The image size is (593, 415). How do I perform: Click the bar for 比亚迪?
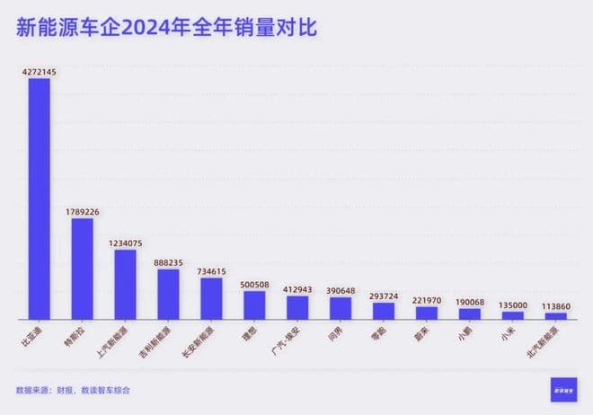[x=39, y=199]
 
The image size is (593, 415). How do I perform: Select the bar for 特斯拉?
[x=82, y=269]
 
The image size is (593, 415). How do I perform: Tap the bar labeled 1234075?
[x=125, y=284]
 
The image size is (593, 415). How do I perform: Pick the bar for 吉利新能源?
[x=168, y=294]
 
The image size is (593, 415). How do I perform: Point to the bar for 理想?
[x=254, y=305]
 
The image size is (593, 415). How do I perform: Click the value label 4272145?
[x=39, y=71]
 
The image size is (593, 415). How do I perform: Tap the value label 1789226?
[x=82, y=211]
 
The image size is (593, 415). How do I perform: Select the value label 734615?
[x=211, y=270]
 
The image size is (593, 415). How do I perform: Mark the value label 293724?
[x=384, y=296]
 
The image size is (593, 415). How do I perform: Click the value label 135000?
[x=513, y=305]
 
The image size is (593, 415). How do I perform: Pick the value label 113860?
[x=556, y=305]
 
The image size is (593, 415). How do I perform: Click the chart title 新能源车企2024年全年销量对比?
[x=166, y=28]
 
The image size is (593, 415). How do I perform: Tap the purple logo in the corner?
[x=565, y=389]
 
